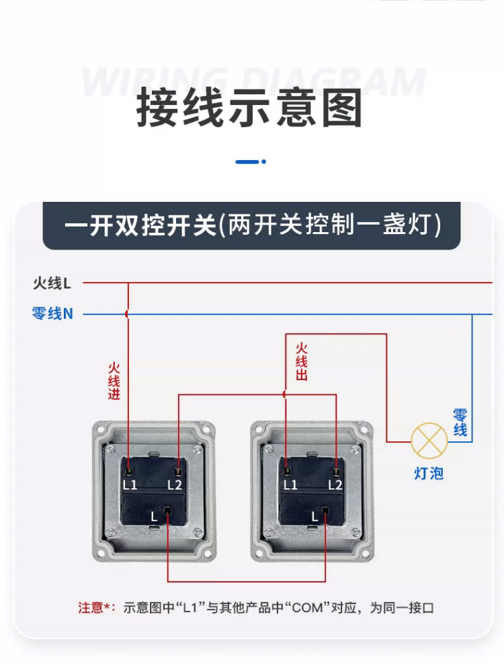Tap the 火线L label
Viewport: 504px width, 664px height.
[52, 283]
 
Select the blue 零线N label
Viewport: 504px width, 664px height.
[52, 313]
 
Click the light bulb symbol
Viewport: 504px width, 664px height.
[429, 441]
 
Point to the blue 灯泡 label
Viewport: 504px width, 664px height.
[428, 474]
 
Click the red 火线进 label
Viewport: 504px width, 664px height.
[114, 381]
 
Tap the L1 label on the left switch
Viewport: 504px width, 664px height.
[130, 484]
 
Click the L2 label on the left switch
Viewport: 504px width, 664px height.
[175, 484]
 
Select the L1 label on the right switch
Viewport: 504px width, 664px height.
[290, 484]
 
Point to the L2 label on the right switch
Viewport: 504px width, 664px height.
[335, 484]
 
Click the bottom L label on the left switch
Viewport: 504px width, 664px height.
[155, 517]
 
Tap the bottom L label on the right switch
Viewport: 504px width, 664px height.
[314, 517]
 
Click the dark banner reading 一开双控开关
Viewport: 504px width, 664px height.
[251, 225]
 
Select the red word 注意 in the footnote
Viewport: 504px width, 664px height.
[91, 608]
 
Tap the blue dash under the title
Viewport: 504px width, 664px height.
[247, 161]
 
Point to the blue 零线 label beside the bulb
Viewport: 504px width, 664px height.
[460, 422]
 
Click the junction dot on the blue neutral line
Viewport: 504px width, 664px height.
[127, 313]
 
